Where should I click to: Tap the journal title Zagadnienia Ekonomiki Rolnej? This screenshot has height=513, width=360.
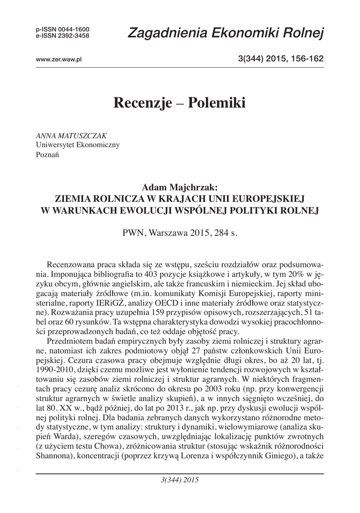226,33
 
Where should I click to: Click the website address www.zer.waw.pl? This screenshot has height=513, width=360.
59,60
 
